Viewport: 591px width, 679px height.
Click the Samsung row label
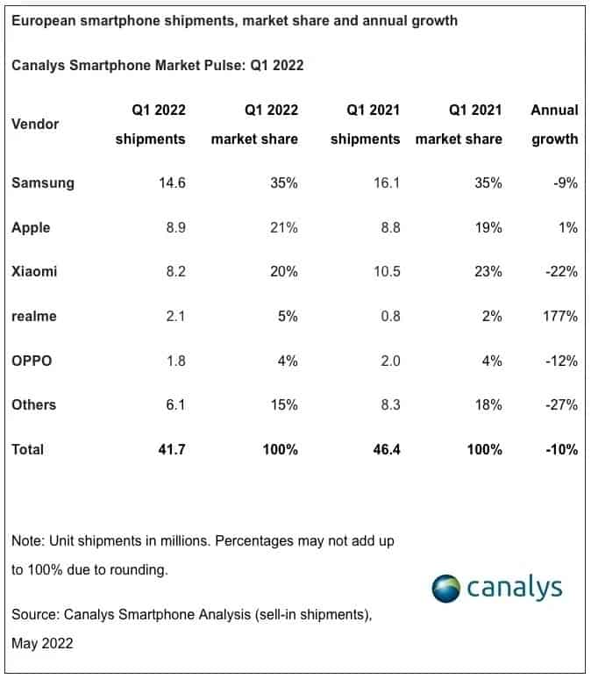click(42, 183)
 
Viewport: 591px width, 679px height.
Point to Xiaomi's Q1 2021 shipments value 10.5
click(383, 272)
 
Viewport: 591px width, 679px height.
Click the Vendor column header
click(35, 124)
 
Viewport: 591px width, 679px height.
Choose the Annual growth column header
click(554, 124)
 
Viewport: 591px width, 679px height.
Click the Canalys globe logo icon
click(446, 588)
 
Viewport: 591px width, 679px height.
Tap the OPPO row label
click(32, 361)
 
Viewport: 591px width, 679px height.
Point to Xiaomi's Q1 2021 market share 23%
click(488, 272)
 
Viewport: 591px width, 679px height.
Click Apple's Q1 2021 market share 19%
click(488, 227)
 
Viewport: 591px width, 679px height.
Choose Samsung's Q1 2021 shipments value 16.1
click(385, 183)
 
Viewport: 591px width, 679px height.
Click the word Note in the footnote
click(27, 541)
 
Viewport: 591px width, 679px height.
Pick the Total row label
click(27, 449)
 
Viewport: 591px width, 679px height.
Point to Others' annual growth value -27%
click(560, 404)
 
